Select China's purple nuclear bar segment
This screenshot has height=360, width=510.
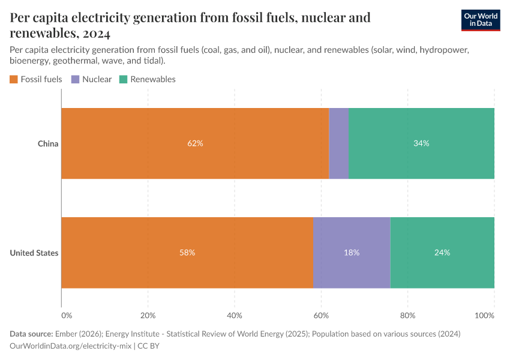tap(338, 143)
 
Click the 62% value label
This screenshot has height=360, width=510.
tap(195, 143)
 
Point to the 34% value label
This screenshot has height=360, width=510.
tap(421, 143)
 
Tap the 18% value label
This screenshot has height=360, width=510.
tap(352, 253)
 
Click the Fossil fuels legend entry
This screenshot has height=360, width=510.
tap(36, 79)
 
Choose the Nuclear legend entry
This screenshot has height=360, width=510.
tap(91, 79)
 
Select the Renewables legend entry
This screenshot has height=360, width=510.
tap(148, 79)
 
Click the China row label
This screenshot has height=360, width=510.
tap(48, 143)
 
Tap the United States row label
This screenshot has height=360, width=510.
tap(34, 253)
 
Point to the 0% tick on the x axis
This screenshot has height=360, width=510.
tap(66, 315)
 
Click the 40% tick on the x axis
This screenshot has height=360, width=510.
tap(234, 315)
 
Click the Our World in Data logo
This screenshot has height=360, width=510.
tap(480, 20)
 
